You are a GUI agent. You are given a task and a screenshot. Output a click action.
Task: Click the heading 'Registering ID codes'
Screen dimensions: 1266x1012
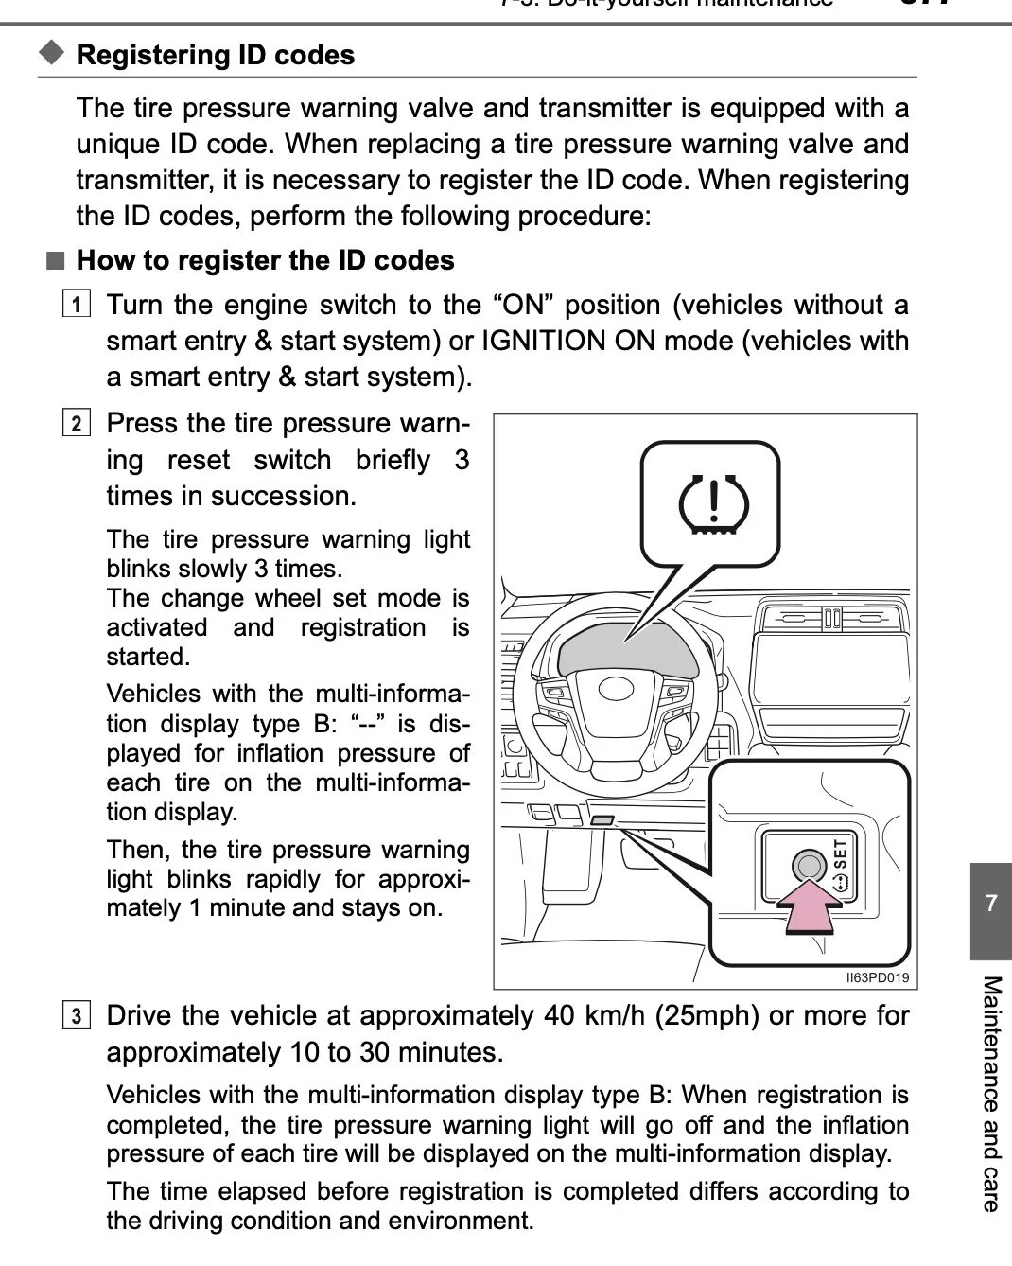point(216,55)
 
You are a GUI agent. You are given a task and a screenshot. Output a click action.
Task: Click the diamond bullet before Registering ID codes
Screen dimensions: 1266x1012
point(53,53)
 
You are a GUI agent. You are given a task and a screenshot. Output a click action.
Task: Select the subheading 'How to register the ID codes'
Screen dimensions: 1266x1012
point(265,260)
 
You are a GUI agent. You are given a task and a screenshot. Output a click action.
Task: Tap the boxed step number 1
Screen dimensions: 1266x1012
point(77,305)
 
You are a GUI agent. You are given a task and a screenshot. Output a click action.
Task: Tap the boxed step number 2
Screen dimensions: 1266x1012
point(77,423)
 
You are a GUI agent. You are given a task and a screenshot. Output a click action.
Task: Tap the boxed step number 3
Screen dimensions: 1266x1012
point(77,1016)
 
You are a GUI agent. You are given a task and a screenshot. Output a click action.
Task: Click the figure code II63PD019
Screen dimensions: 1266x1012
point(877,977)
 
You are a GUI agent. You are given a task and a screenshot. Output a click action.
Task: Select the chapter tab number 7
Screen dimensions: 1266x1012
point(990,903)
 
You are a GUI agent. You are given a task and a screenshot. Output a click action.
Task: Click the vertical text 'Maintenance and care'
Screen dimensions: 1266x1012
point(990,1093)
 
